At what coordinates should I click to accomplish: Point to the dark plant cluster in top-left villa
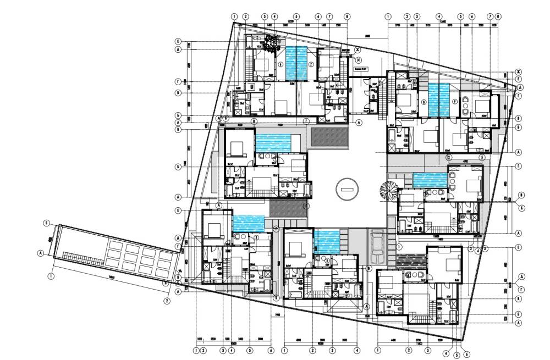pyautogui.click(x=271, y=43)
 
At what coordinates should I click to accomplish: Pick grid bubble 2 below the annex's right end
pyautogui.click(x=166, y=300)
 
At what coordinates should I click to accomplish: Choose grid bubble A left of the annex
pyautogui.click(x=40, y=253)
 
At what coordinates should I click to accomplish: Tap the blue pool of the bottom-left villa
pyautogui.click(x=248, y=223)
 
